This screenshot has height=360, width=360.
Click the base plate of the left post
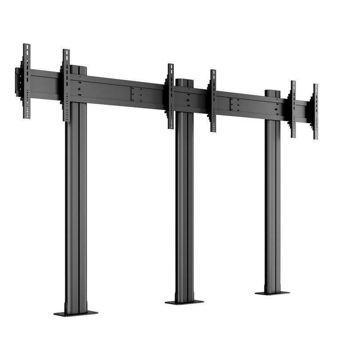(x=76, y=313)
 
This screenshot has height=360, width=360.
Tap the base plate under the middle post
(x=184, y=302)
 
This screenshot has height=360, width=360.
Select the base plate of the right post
(x=272, y=293)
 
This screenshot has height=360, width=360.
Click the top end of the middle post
(x=184, y=82)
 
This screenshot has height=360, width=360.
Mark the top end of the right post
(x=272, y=93)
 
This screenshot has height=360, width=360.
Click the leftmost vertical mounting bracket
(x=27, y=81)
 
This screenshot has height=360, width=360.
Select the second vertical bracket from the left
(x=66, y=85)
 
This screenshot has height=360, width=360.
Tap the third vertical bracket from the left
(x=171, y=96)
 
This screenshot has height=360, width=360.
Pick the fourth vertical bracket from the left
(x=213, y=100)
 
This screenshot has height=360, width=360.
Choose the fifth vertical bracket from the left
(x=293, y=109)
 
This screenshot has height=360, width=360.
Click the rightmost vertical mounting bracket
(x=316, y=112)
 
